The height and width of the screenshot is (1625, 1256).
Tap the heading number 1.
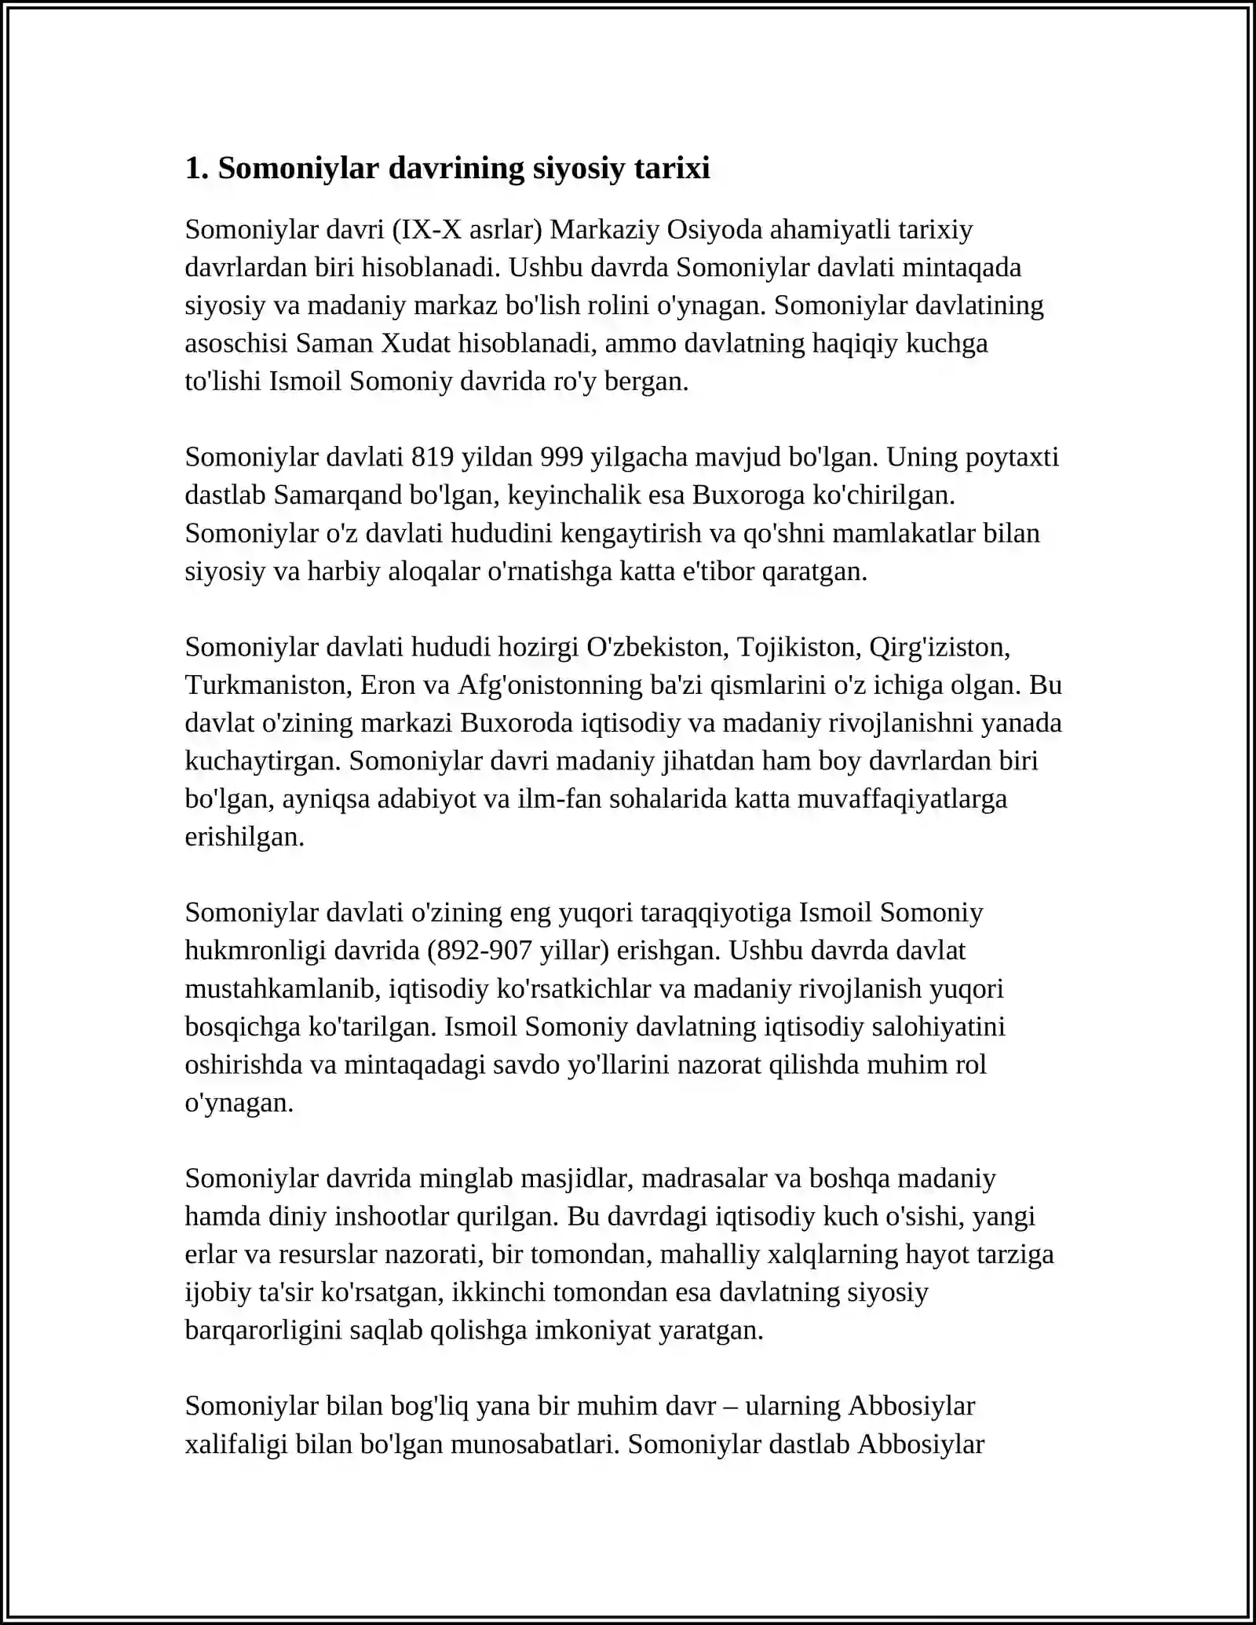195,169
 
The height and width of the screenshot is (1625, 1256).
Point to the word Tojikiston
799,648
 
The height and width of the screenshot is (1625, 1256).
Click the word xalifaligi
236,1444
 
